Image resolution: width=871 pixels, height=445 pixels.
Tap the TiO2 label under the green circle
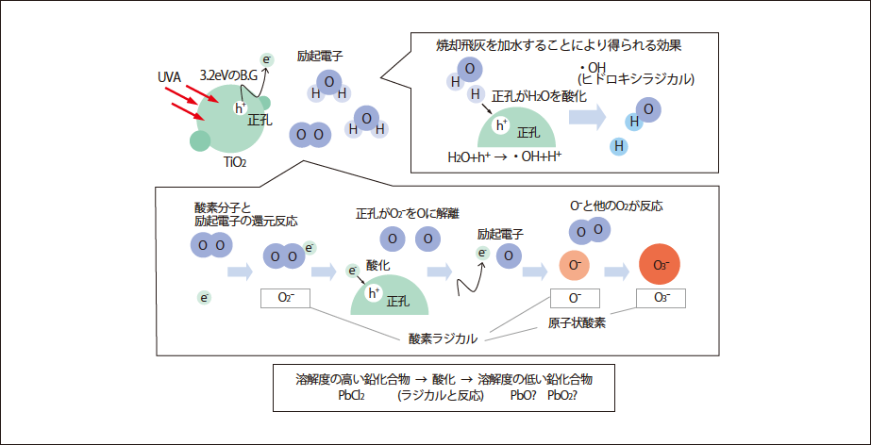click(x=235, y=162)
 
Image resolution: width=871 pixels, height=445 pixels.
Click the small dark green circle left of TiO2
click(x=200, y=140)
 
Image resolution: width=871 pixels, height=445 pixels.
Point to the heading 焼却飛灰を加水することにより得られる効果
click(x=559, y=45)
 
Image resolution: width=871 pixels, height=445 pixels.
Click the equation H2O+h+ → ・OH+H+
click(x=504, y=156)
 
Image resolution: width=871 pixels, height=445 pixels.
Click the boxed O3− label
click(x=661, y=298)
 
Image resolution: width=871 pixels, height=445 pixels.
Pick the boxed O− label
click(x=575, y=298)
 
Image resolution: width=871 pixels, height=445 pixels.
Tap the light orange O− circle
click(x=575, y=266)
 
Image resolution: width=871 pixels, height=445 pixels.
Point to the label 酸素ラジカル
click(x=443, y=338)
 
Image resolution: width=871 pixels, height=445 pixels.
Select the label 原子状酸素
click(x=577, y=322)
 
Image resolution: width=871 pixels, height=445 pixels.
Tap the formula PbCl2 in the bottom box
click(x=351, y=395)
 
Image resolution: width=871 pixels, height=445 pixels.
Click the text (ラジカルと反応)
click(x=440, y=395)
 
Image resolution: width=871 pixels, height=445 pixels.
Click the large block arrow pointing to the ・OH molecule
click(x=586, y=116)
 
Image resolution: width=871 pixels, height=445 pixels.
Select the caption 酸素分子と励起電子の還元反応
click(x=244, y=214)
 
